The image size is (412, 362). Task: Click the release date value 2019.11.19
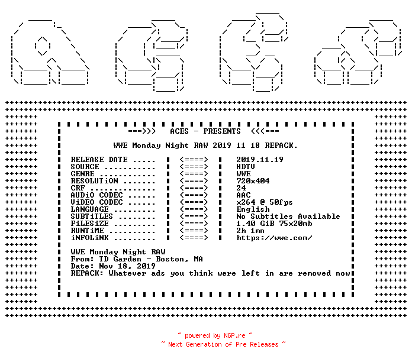tap(260, 160)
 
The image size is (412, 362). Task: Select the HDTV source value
tap(246, 167)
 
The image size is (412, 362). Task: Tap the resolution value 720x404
tap(253, 181)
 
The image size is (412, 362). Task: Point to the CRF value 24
tap(241, 188)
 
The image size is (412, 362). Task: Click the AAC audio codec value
tap(243, 195)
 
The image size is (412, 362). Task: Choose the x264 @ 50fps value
tap(265, 202)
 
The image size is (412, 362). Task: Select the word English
tap(253, 209)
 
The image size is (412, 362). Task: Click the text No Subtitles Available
tap(288, 216)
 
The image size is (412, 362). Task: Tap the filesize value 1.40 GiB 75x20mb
tap(274, 224)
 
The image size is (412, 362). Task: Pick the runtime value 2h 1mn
tap(250, 231)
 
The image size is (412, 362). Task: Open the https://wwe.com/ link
tap(274, 238)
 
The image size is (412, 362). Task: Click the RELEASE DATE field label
tap(99, 160)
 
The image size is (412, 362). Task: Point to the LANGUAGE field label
tap(89, 209)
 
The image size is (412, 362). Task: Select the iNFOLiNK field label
tap(89, 238)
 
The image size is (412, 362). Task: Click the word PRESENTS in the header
tap(222, 131)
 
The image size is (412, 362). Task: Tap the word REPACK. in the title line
tap(281, 146)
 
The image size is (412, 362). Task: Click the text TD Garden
tap(120, 259)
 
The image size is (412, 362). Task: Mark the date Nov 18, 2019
tap(127, 266)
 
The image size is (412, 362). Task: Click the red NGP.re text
tap(234, 335)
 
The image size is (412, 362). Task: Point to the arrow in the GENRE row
tap(194, 174)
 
